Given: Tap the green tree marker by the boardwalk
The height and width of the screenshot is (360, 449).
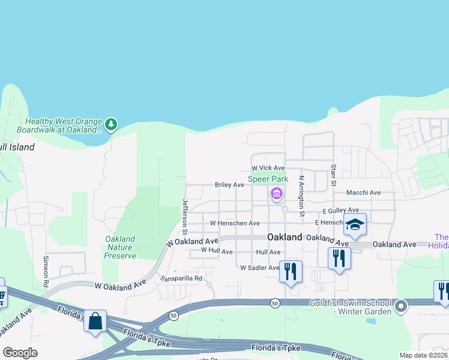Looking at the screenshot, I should [x=110, y=125].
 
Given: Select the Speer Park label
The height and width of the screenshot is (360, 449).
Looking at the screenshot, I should [x=268, y=179].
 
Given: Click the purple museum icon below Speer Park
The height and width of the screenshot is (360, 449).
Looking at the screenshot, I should [x=276, y=193].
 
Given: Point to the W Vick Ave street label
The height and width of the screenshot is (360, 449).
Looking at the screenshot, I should [x=268, y=168].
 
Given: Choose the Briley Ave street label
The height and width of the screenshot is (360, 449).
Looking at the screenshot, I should [x=229, y=185].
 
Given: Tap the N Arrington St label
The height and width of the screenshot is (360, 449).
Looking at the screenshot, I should [x=303, y=196].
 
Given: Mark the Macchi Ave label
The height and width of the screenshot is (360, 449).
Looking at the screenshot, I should [x=364, y=193].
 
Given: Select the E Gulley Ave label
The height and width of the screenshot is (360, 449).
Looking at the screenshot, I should [x=340, y=211].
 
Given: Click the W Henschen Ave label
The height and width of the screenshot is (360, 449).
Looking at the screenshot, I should [x=235, y=223].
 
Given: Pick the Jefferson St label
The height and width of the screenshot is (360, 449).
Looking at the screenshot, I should [x=185, y=217].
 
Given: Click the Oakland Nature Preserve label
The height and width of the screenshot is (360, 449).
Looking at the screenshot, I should [x=120, y=247].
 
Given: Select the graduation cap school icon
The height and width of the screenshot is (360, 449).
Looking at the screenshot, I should [x=355, y=225].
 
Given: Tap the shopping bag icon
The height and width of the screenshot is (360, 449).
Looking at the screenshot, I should [x=95, y=321].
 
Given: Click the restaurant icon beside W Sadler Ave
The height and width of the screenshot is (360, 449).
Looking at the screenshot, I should [x=291, y=271].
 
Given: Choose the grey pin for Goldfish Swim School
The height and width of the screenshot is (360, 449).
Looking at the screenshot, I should [x=402, y=307].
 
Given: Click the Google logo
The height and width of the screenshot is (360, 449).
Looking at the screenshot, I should [x=20, y=353].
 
